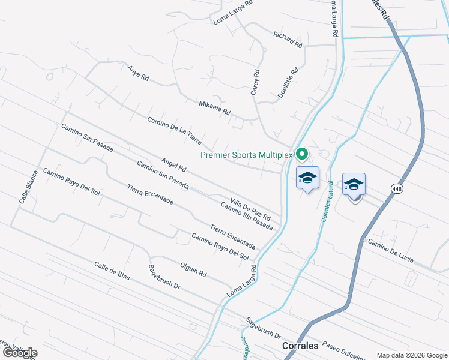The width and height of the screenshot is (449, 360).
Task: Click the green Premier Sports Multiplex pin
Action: point(302,154)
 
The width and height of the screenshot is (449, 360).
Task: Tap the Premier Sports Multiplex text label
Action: point(246,155)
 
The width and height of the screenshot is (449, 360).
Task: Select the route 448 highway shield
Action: point(397,189)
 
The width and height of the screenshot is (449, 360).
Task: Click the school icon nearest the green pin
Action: point(307,178)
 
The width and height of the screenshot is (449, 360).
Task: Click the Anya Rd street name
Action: point(137,74)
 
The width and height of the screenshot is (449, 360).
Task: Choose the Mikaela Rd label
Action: point(214,108)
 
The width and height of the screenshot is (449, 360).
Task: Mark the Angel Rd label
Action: point(174,165)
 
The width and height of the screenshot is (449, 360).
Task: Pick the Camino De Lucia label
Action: point(391,251)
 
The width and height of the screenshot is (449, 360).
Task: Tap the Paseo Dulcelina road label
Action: point(343,350)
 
